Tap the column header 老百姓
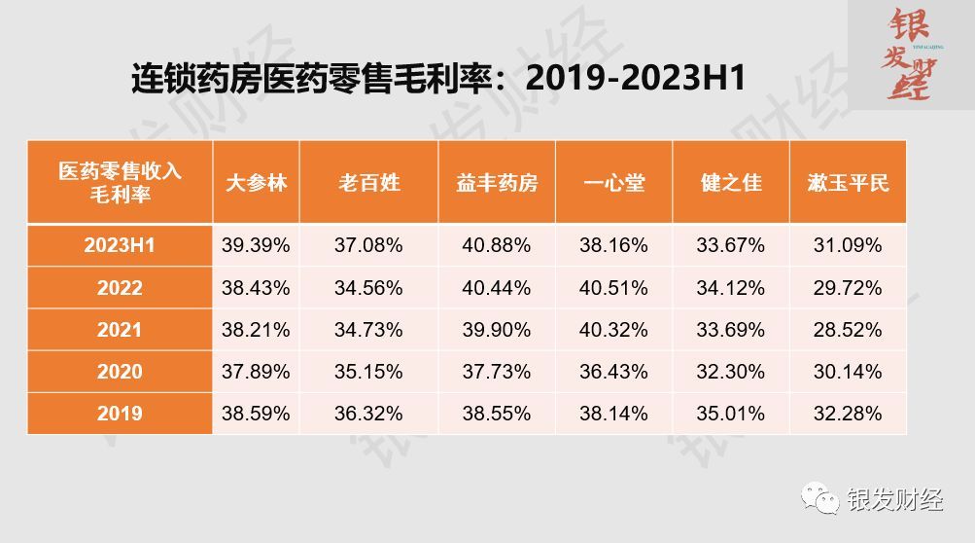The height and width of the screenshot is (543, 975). point(369,182)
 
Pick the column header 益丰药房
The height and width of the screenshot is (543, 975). point(497,182)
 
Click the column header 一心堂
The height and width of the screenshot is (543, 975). point(614,182)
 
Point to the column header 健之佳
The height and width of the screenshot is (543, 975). point(731,182)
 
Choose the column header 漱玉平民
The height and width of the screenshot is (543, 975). point(848,182)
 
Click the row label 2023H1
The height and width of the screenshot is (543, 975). point(120,245)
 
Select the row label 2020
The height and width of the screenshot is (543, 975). point(120,372)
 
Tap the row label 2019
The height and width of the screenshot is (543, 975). point(120,414)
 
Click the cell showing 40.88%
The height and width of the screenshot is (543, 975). point(497,245)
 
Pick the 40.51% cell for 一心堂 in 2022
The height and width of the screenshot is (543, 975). point(614,288)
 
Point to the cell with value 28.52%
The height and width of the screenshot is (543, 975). point(848,330)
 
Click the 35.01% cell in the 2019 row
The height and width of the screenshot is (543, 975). point(731,414)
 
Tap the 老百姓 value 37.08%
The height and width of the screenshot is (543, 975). point(369,245)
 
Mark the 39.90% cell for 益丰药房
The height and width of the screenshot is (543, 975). point(497,330)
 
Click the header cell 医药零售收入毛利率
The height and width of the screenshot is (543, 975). point(120,182)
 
